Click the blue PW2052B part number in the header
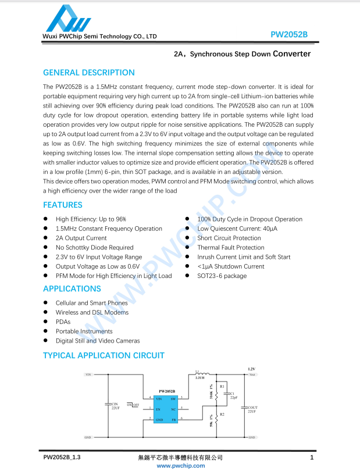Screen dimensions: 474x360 [289, 34]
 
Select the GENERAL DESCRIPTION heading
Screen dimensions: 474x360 [89, 73]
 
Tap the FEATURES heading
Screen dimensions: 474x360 [63, 205]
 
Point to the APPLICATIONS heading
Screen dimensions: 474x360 [72, 288]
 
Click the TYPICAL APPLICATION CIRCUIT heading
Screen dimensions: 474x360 [104, 355]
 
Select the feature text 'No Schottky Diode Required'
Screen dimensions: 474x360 [94, 248]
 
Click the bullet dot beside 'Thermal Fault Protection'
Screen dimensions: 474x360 [187, 248]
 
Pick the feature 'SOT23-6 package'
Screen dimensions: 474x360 [222, 276]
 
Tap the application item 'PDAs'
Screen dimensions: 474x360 [63, 322]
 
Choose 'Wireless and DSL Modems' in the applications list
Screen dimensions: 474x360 [92, 312]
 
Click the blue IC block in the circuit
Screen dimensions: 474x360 [165, 408]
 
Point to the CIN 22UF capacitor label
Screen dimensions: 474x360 [115, 406]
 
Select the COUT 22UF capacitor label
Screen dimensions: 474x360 [252, 409]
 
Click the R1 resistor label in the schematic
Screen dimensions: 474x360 [222, 386]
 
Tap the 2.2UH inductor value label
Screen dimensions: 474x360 [200, 377]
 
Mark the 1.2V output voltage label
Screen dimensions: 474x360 [251, 369]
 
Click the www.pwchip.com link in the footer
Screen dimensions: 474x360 [181, 465]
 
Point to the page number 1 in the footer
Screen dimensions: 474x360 [312, 458]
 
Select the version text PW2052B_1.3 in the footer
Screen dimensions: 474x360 [62, 458]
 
